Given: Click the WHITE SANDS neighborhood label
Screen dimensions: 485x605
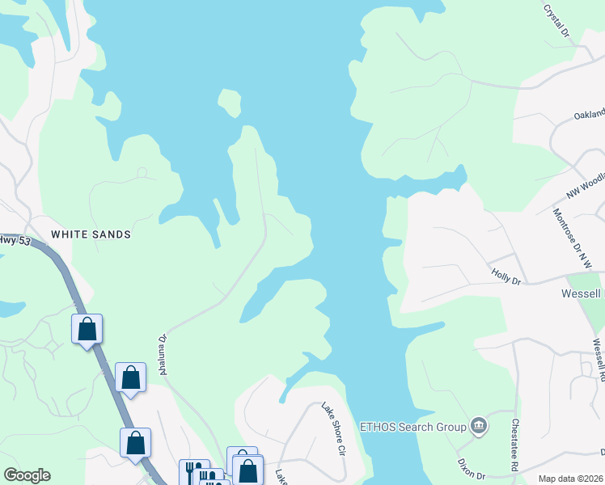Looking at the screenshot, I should [x=91, y=234].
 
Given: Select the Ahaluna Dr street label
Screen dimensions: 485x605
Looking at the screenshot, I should [x=163, y=355].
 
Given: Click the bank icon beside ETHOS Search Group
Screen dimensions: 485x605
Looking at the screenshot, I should [x=478, y=425].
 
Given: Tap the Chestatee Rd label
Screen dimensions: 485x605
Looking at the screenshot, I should [x=514, y=445].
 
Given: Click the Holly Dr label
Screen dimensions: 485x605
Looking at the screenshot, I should [x=506, y=276].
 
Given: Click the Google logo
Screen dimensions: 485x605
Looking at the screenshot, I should [x=27, y=475].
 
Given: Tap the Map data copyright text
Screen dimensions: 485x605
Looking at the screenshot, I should [x=570, y=479].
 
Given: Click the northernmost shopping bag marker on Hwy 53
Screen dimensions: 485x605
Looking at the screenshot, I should [x=87, y=329].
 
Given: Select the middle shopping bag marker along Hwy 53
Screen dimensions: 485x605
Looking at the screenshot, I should [x=130, y=377].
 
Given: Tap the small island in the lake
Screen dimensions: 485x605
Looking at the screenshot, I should [x=229, y=103].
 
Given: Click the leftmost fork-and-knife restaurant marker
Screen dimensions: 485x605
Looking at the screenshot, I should [x=192, y=472].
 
